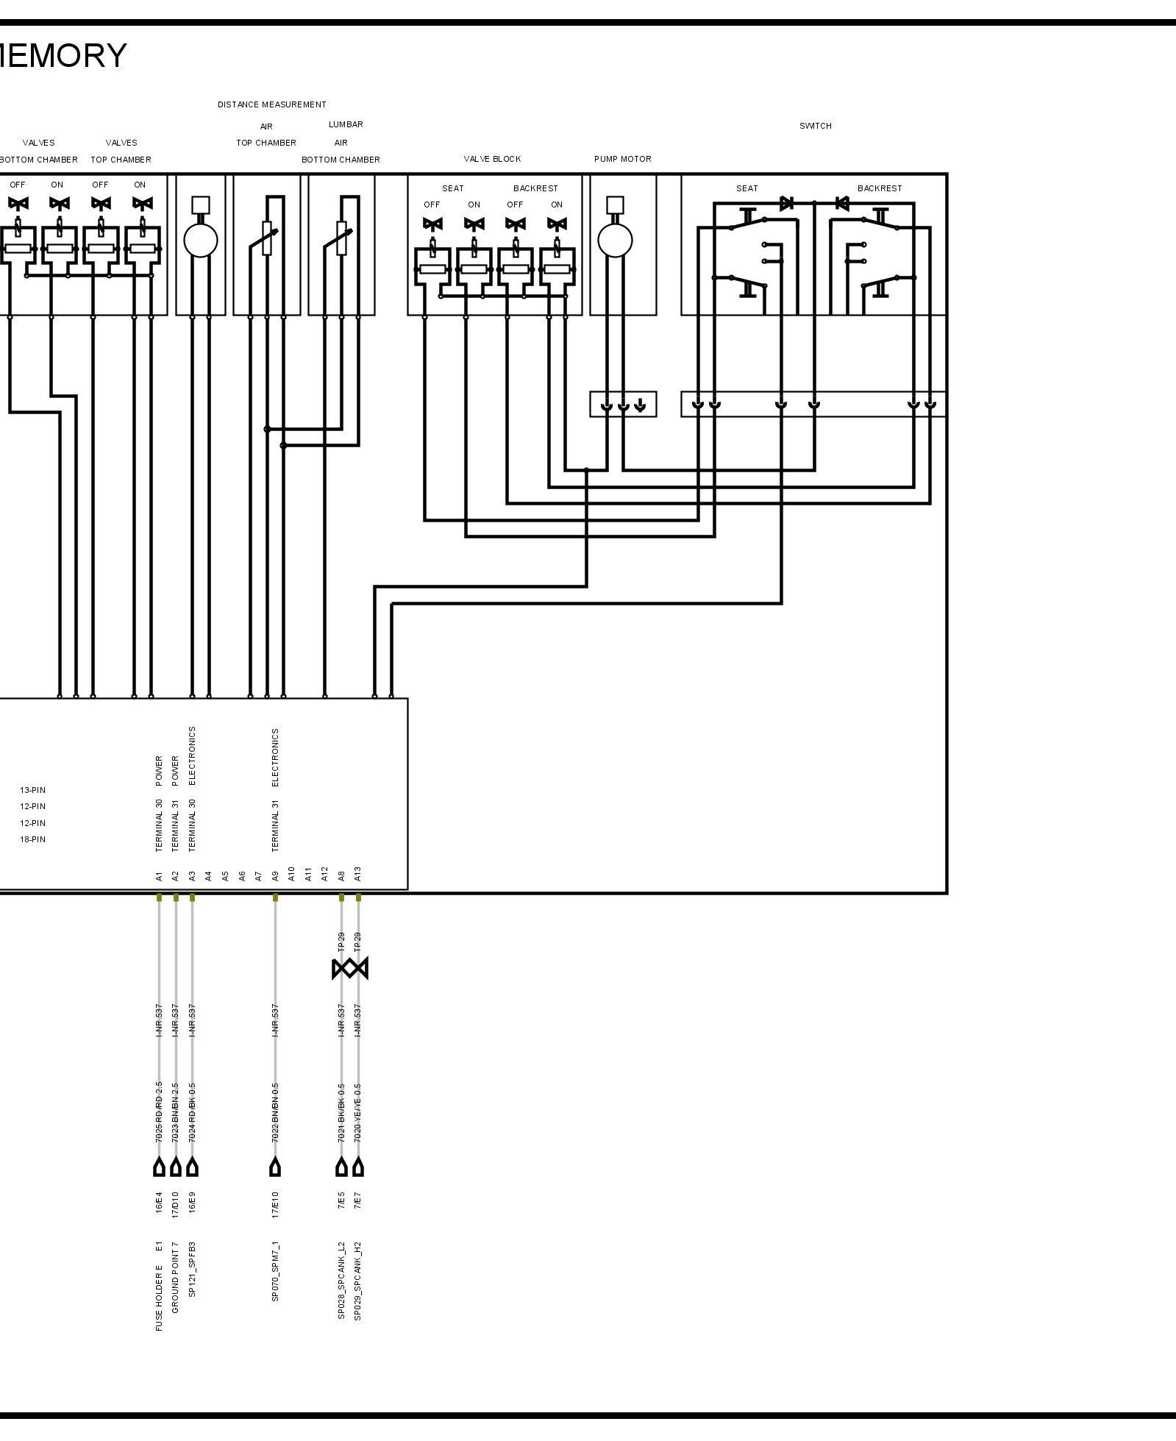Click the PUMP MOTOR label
click(622, 159)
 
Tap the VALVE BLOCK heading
click(492, 159)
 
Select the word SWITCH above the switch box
click(815, 126)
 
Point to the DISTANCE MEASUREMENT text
click(271, 104)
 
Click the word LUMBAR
click(346, 124)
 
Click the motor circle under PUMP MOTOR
click(615, 240)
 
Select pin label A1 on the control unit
click(159, 875)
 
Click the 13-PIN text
click(32, 790)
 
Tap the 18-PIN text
click(32, 839)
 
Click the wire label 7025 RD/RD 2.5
click(159, 1111)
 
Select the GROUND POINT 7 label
click(175, 1278)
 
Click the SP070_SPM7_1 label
click(275, 1272)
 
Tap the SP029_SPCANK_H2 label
click(358, 1281)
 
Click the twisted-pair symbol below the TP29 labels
click(350, 969)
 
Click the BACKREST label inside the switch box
click(879, 188)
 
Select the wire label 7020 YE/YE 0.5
click(358, 1111)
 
